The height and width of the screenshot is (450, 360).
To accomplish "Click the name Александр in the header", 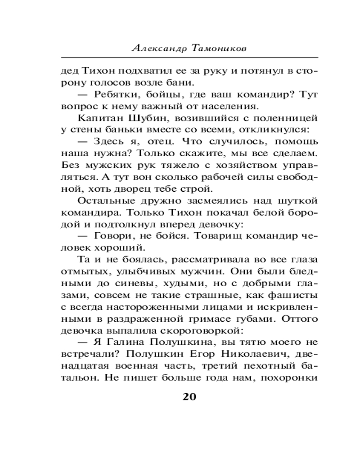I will [x=158, y=49].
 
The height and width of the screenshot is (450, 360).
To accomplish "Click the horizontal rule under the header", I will [x=189, y=58].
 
